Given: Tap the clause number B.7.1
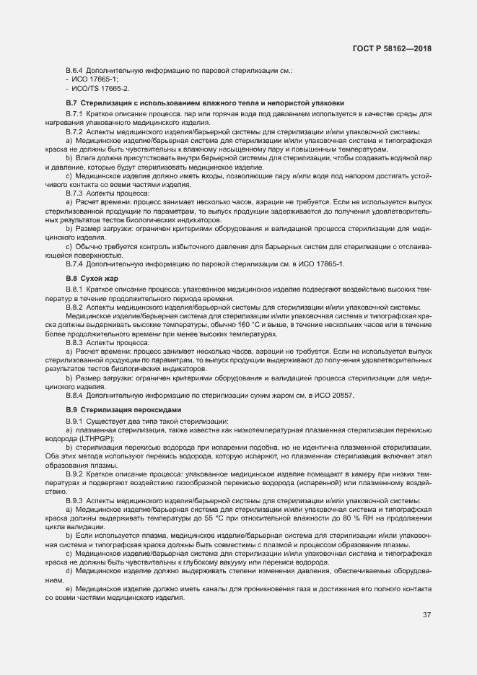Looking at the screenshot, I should pos(76,114).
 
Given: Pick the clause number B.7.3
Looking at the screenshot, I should pos(76,193).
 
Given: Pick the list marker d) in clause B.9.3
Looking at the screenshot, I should pos(69,570).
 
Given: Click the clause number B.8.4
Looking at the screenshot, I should pos(76,395).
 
